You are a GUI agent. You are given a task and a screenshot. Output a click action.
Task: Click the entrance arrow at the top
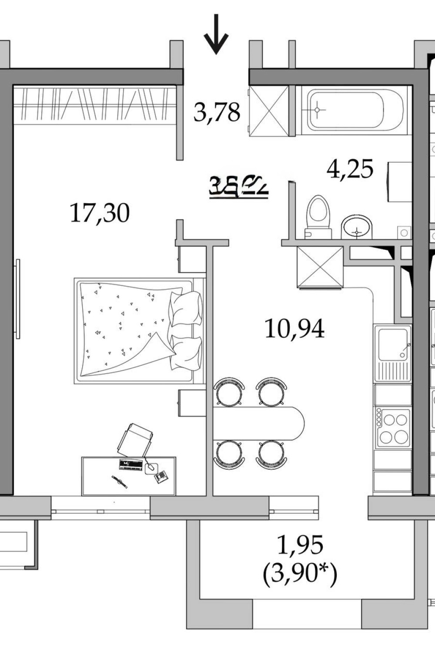point(216,35)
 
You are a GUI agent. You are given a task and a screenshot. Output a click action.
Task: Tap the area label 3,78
point(217,112)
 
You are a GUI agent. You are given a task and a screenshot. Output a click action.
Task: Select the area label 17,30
point(100,213)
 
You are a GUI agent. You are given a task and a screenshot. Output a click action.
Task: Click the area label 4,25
point(350,169)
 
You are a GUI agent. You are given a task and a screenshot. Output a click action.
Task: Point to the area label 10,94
point(294,329)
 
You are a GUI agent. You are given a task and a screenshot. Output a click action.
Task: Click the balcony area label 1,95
point(300,544)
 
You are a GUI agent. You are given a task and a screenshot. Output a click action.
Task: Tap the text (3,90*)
point(300,573)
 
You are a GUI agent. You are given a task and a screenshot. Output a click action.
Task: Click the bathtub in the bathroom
point(346,109)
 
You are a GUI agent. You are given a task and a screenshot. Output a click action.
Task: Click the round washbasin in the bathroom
point(357,227)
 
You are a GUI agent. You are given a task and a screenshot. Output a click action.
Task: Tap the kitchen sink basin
point(392,343)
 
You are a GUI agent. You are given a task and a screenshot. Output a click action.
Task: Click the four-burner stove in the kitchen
point(393,428)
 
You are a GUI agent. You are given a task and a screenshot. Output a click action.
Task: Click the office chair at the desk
point(135,439)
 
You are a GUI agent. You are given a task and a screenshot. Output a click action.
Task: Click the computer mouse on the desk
point(151,467)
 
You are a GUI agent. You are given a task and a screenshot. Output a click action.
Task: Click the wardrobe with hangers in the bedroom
point(94,104)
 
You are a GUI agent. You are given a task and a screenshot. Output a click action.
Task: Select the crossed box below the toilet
point(320,267)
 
